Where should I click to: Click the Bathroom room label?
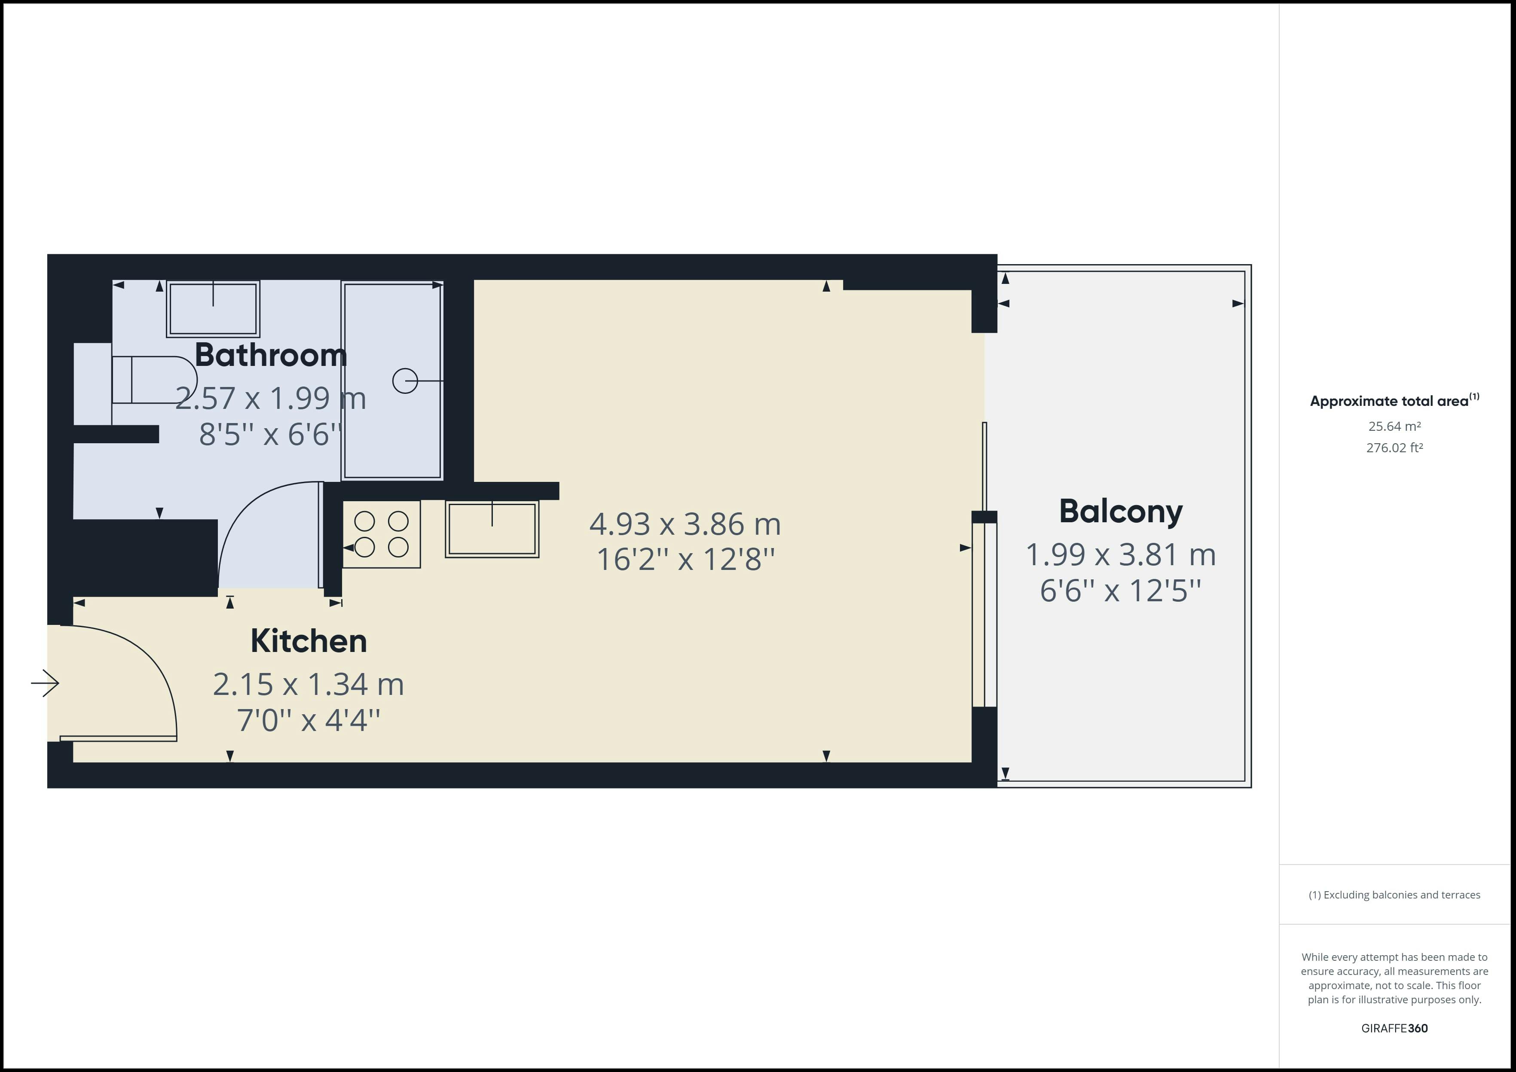[271, 355]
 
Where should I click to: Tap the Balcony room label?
[1121, 512]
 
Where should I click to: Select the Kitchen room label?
[309, 641]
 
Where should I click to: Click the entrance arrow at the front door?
[45, 683]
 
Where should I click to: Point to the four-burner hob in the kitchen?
[382, 534]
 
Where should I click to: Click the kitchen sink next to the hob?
[492, 529]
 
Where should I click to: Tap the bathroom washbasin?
[213, 308]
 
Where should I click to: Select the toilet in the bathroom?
[153, 380]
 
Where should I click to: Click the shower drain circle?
[405, 381]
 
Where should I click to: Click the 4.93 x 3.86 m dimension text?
[685, 524]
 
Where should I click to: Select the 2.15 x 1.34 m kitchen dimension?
[309, 685]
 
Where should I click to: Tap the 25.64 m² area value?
[1394, 426]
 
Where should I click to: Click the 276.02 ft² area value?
[1394, 448]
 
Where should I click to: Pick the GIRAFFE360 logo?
[1394, 1028]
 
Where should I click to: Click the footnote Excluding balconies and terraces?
[1394, 895]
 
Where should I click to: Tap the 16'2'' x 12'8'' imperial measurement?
[685, 560]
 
